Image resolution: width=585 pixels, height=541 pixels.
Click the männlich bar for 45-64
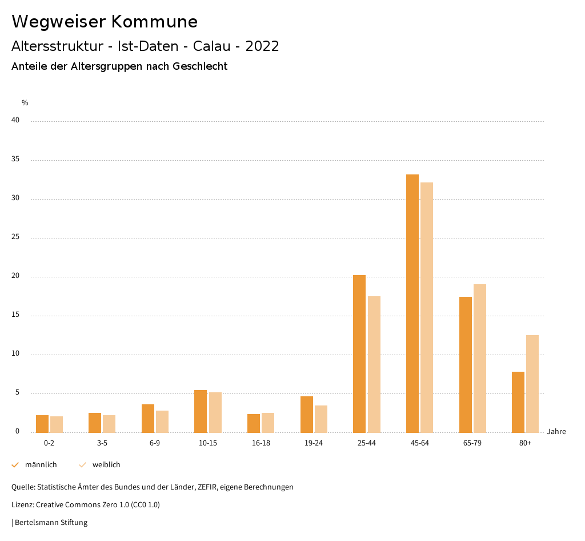click(x=412, y=303)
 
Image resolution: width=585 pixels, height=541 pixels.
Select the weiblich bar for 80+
click(x=532, y=383)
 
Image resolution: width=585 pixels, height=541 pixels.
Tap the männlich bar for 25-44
click(x=359, y=353)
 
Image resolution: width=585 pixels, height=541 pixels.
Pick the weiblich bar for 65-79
click(x=480, y=358)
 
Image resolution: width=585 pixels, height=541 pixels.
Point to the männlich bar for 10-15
click(x=201, y=411)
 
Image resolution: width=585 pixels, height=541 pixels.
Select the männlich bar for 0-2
click(x=42, y=424)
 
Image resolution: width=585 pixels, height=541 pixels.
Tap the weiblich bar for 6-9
click(x=162, y=421)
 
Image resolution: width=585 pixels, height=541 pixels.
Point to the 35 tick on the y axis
click(x=15, y=160)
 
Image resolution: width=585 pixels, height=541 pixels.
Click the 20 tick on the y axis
click(x=15, y=276)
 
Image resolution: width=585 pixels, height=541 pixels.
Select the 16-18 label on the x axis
click(x=261, y=443)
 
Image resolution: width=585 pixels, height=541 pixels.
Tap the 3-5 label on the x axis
click(x=102, y=443)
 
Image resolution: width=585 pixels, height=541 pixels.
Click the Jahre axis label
click(x=556, y=432)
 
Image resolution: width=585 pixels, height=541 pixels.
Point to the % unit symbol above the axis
click(x=25, y=103)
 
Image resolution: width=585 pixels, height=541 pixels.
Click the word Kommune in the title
click(x=154, y=22)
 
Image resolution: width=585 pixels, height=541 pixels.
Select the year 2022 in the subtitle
click(x=262, y=46)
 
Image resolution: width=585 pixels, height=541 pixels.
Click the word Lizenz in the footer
click(x=22, y=505)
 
